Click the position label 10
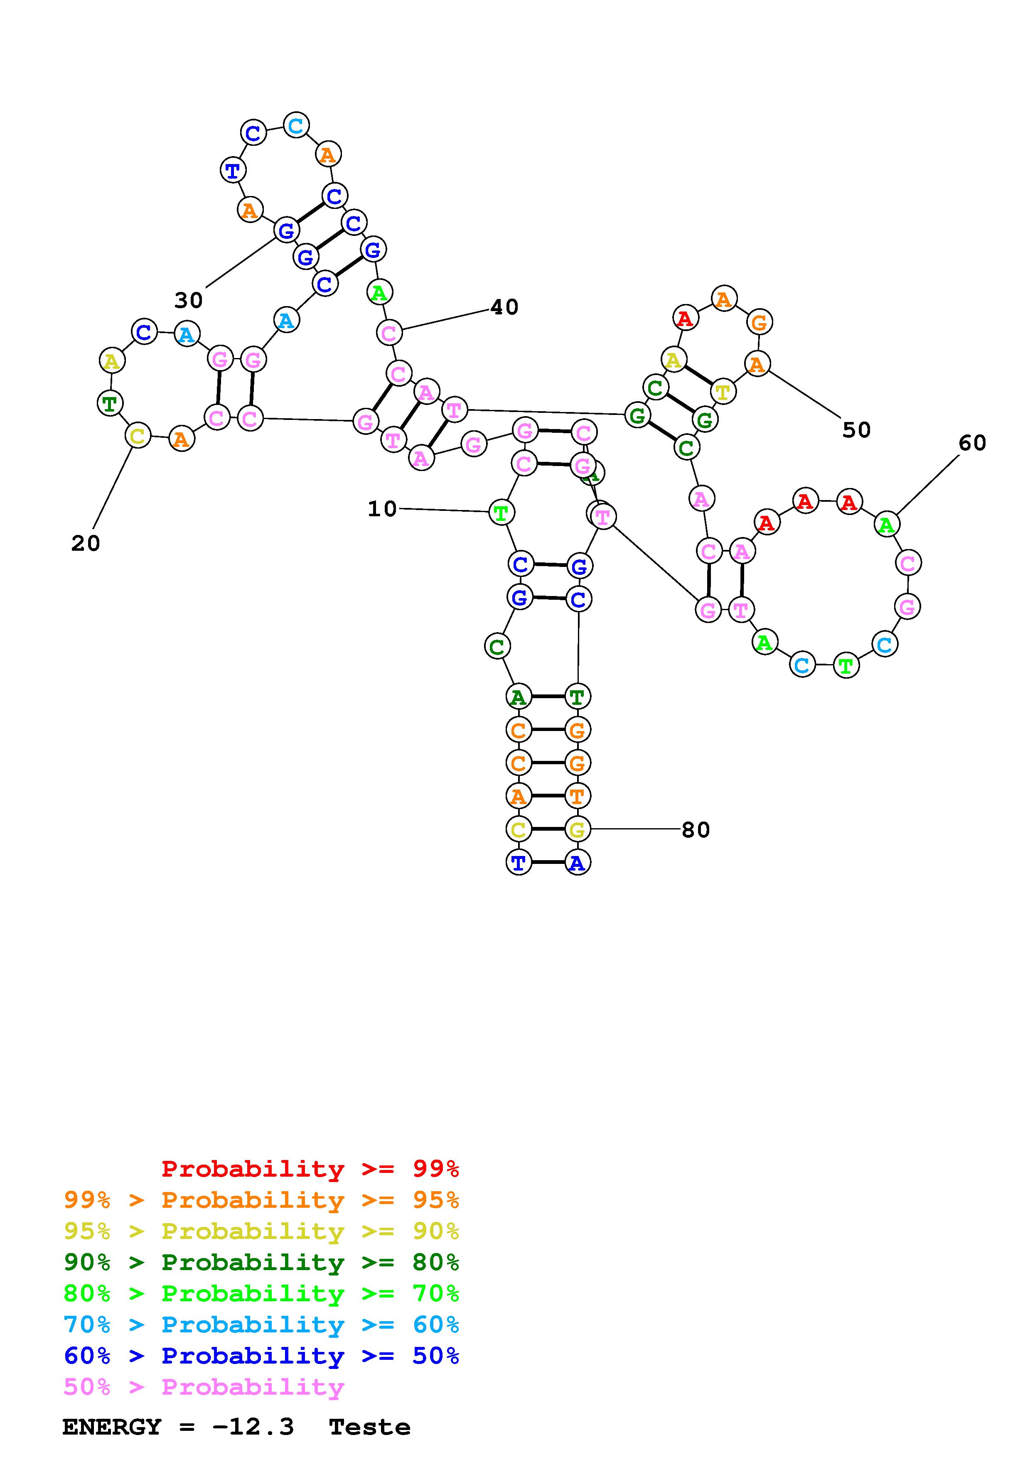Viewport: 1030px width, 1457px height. click(x=382, y=509)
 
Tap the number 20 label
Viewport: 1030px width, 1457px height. click(x=86, y=543)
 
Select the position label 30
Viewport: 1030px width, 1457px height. click(x=189, y=300)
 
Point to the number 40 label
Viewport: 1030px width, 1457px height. click(x=504, y=307)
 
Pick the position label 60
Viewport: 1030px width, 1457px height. click(x=972, y=443)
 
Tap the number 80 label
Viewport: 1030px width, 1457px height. click(x=696, y=830)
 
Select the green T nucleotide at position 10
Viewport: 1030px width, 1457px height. click(x=501, y=512)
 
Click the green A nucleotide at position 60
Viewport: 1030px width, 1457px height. click(x=887, y=525)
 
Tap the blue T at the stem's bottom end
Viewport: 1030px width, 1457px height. click(x=519, y=862)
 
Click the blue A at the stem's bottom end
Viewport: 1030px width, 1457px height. click(x=577, y=862)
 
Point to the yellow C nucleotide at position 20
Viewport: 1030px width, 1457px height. click(x=138, y=436)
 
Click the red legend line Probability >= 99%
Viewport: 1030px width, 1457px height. click(x=310, y=1169)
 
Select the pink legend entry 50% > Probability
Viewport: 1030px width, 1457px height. click(x=204, y=1387)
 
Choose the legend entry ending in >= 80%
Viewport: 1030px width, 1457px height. click(x=261, y=1263)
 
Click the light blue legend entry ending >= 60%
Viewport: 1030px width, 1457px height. click(x=261, y=1325)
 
